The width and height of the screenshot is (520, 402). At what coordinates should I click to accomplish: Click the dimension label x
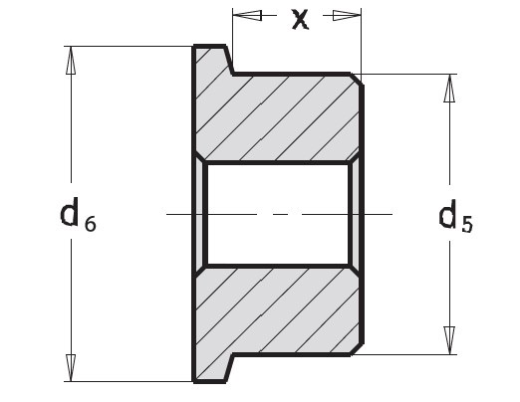click(300, 19)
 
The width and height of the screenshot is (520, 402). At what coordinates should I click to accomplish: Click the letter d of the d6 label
click(70, 212)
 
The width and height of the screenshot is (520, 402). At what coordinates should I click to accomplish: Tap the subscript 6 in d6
click(91, 224)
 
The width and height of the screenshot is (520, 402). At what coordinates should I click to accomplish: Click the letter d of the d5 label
click(448, 214)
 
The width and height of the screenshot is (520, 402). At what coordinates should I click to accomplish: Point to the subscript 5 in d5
click(467, 225)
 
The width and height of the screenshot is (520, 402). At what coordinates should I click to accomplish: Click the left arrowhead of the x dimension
click(247, 15)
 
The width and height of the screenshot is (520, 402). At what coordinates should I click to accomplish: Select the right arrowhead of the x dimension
click(347, 15)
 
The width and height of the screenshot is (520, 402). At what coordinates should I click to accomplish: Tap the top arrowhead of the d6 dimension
click(71, 61)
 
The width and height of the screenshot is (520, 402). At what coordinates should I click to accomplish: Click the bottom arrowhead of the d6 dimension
click(71, 368)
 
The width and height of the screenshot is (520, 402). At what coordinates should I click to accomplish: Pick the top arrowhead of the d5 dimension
click(449, 89)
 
